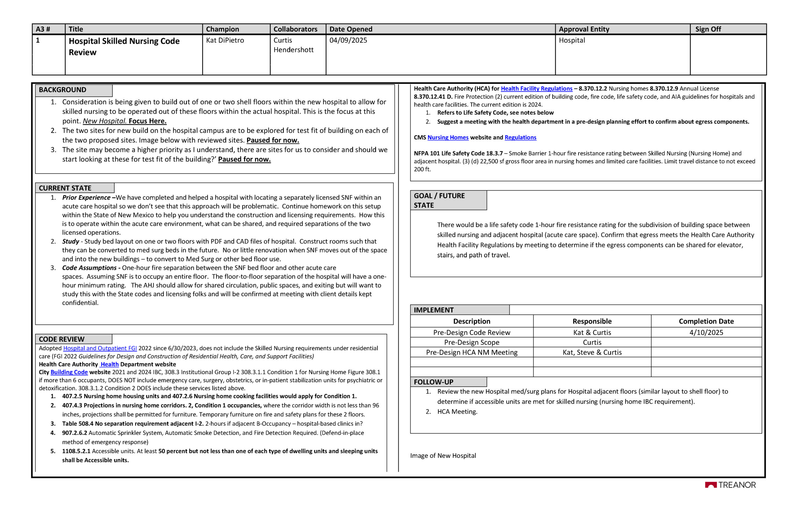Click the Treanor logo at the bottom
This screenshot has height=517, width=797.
tap(730, 485)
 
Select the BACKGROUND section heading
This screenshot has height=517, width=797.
tap(63, 90)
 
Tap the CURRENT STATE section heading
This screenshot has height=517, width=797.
tap(65, 188)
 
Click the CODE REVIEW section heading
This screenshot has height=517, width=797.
tap(62, 339)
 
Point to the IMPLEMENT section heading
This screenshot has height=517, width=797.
tap(434, 310)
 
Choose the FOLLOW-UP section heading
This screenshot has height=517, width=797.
tap(433, 382)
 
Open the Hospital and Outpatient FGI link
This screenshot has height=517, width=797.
tap(100, 348)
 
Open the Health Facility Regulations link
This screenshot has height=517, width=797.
tap(536, 89)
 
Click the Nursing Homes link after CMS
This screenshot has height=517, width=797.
tap(448, 137)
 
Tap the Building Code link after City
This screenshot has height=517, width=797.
tap(69, 372)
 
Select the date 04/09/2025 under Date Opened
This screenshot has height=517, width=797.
tap(348, 40)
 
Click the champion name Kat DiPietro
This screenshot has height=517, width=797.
tap(225, 40)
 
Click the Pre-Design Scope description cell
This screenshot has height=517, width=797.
tap(471, 342)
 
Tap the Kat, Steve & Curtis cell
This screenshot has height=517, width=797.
tap(592, 352)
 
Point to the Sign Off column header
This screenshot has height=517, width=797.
tap(708, 29)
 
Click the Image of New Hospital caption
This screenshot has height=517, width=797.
tap(443, 456)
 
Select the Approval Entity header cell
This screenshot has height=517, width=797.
tap(584, 29)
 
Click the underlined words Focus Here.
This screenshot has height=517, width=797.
tap(147, 121)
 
